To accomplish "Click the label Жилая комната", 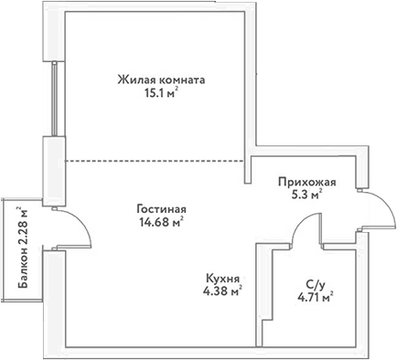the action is point(160,79).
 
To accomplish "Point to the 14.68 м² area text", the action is point(155,220).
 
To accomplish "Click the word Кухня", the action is point(223,278).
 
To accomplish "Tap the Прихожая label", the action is point(307,181).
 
